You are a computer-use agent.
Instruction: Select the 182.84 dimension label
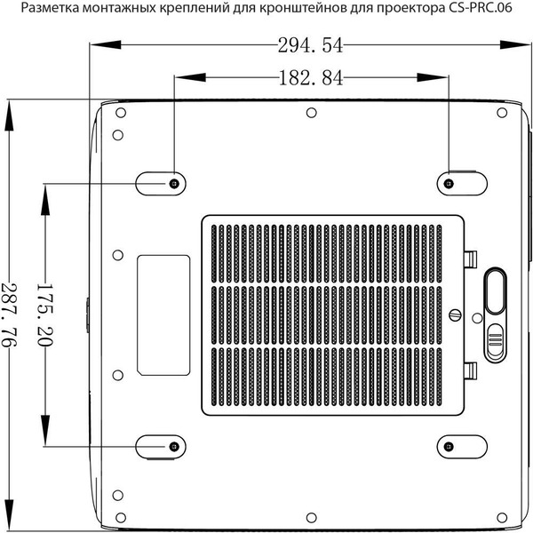[310, 78]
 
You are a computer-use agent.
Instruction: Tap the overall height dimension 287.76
[10, 314]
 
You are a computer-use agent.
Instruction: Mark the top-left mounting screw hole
[173, 183]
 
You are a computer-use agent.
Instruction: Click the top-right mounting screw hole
[449, 183]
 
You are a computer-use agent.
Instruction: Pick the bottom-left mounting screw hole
[173, 445]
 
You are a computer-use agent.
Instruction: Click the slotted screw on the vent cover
[457, 314]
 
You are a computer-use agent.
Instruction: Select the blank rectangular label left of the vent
[163, 314]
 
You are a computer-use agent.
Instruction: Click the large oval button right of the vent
[495, 291]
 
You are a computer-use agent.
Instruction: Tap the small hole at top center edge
[310, 113]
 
